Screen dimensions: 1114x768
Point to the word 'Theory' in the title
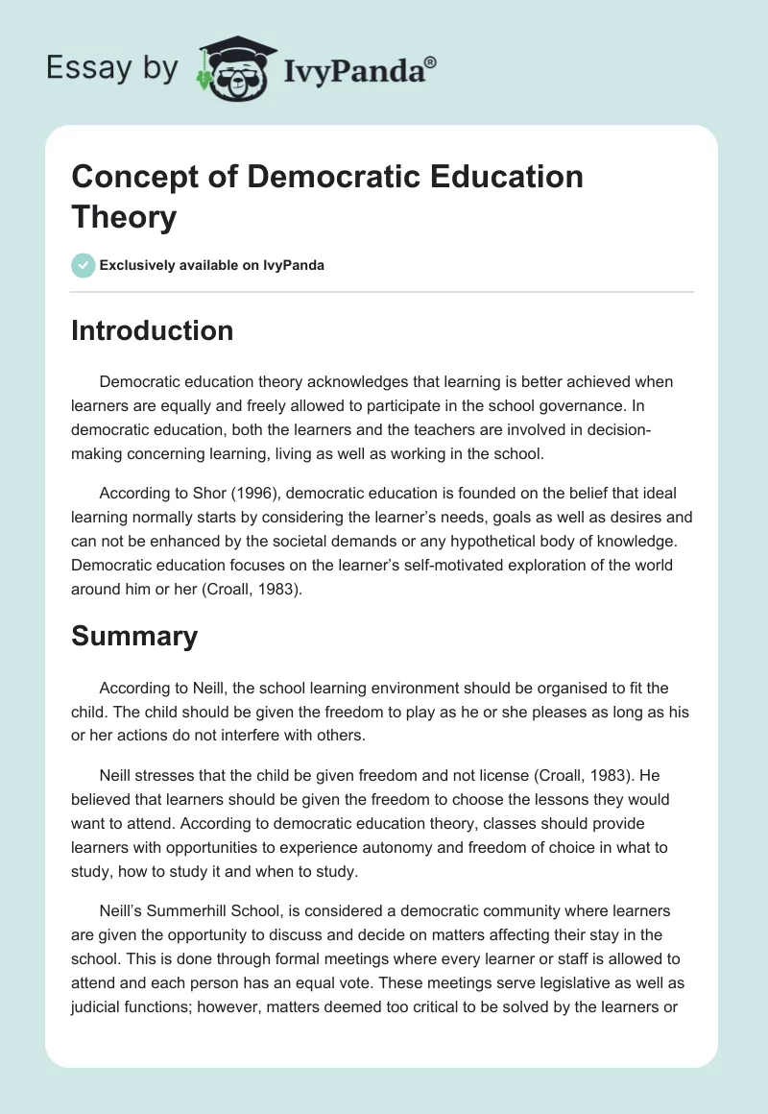point(124,217)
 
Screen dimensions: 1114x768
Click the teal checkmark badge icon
point(84,265)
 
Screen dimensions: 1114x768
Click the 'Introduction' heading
point(153,330)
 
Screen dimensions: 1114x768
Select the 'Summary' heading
point(134,635)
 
